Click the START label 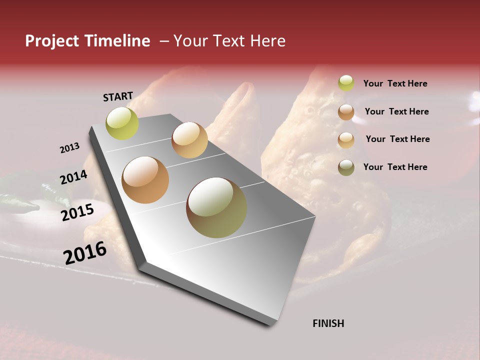(118, 96)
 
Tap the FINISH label (328, 323)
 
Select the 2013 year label (69, 148)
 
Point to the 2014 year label (73, 177)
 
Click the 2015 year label (77, 212)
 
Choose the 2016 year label (85, 253)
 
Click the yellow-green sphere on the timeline (122, 123)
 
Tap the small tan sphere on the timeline (189, 140)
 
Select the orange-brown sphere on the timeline (145, 180)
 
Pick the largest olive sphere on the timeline (216, 207)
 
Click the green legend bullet (346, 83)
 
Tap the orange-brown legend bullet (346, 112)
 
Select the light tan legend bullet (346, 140)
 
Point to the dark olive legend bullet (346, 167)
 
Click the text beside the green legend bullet (395, 83)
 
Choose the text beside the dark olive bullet (395, 167)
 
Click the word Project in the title (52, 41)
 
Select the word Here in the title (267, 41)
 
